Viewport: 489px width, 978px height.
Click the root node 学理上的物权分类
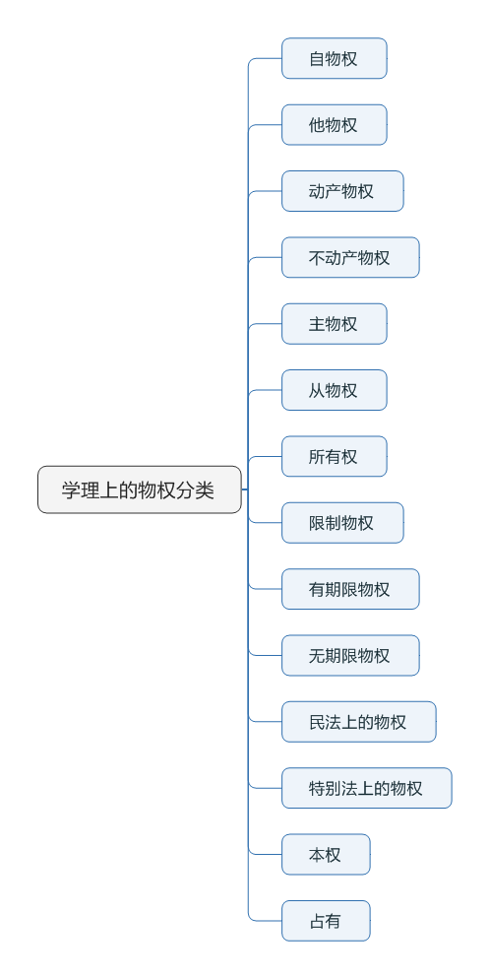(x=139, y=489)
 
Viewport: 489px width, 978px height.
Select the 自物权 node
(x=334, y=58)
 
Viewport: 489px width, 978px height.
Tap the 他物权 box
(x=334, y=125)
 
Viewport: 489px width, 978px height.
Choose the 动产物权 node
(x=341, y=191)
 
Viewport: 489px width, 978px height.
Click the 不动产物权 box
(x=349, y=257)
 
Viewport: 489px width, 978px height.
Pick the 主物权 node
(x=334, y=324)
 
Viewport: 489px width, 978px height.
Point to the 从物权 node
(x=334, y=390)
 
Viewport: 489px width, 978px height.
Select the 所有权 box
(x=334, y=456)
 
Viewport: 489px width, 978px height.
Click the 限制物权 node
(x=341, y=523)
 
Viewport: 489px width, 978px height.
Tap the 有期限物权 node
(x=349, y=589)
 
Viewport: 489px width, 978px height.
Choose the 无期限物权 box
(x=349, y=655)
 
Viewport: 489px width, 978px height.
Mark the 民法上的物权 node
(x=358, y=722)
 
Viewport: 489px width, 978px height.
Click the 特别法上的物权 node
(x=366, y=788)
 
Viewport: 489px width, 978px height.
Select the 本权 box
(x=326, y=854)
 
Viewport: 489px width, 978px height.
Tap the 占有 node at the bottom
(x=326, y=921)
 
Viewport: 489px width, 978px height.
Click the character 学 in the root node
(x=71, y=490)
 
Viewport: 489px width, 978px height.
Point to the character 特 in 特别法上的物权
(x=317, y=788)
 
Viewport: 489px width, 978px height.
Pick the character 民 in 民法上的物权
(x=317, y=722)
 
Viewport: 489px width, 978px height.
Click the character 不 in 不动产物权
(x=317, y=258)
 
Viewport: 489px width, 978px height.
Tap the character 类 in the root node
(x=205, y=490)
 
